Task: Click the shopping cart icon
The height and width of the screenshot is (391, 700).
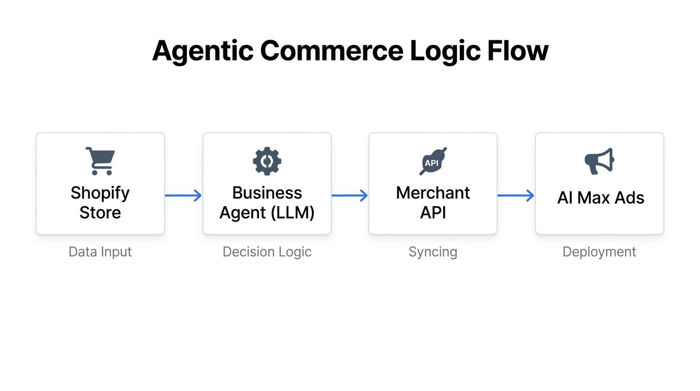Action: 100,161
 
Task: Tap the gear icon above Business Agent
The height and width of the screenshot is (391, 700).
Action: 267,161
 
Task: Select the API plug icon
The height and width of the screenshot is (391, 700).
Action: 433,161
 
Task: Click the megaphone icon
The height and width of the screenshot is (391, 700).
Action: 599,161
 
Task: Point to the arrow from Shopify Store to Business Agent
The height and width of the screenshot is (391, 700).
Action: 183,195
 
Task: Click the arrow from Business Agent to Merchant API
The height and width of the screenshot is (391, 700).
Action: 349,195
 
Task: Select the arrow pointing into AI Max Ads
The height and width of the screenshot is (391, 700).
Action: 516,195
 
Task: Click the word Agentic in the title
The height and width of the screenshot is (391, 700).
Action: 202,51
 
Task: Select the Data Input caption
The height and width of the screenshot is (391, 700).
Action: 100,252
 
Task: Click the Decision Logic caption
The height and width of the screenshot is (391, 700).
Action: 267,252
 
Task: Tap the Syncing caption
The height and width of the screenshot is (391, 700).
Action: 433,252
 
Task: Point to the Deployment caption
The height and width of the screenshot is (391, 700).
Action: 599,252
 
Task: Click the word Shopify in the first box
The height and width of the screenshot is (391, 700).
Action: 100,193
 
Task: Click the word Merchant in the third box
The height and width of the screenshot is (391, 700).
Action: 433,193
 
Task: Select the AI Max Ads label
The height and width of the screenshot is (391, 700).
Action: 601,198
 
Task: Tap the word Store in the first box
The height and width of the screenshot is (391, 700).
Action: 100,212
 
